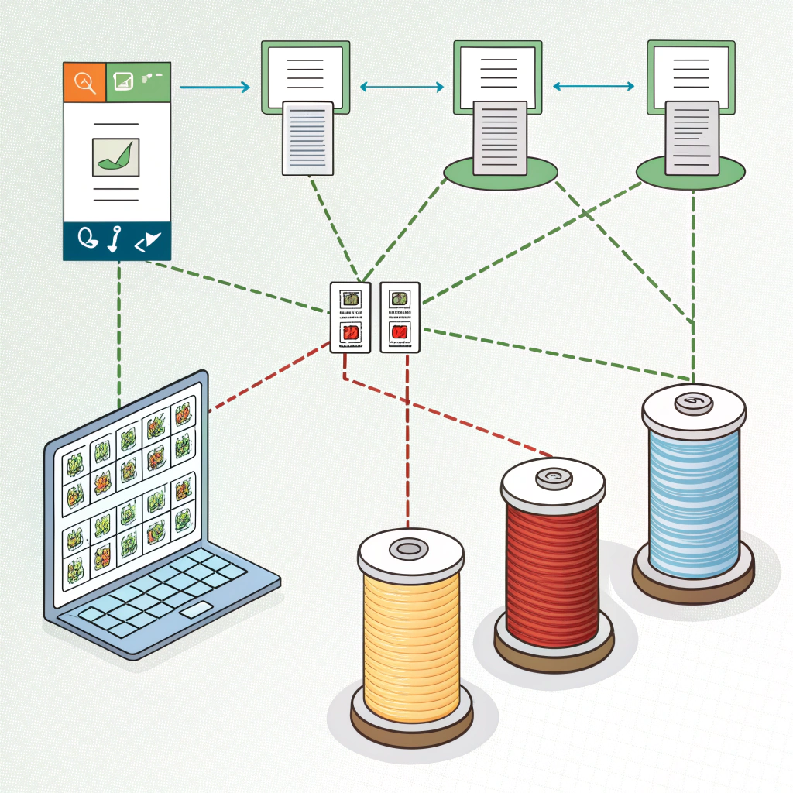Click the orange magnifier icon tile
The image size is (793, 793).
[x=84, y=82]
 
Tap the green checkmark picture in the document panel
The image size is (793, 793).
[x=116, y=156]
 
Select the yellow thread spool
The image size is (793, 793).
[x=410, y=635]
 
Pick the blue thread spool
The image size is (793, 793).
[x=693, y=496]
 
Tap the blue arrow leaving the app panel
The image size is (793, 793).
[x=215, y=87]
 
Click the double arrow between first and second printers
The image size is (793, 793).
[x=401, y=87]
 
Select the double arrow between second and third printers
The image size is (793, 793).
[x=594, y=87]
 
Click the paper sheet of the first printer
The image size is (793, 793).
[x=308, y=137]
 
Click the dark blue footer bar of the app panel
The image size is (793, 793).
[x=116, y=242]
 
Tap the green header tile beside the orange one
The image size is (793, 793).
[x=137, y=82]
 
